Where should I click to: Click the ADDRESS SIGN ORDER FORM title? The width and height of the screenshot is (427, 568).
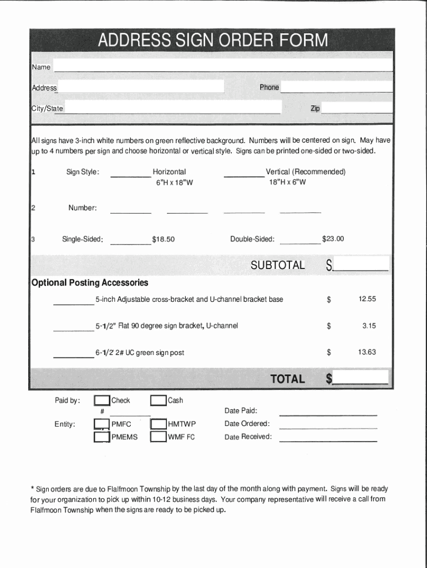tap(213, 40)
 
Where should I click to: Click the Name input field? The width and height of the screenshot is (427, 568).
tap(223, 66)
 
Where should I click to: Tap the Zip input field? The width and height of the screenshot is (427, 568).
tap(357, 108)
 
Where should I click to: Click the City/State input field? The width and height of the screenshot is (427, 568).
tap(172, 108)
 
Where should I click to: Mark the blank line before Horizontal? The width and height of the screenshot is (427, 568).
tap(130, 173)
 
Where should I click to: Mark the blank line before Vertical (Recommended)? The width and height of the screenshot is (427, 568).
tap(243, 173)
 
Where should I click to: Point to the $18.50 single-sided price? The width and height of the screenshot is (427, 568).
tap(163, 239)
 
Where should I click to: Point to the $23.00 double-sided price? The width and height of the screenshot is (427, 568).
tap(333, 239)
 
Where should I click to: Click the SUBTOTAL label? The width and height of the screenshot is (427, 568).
tap(277, 265)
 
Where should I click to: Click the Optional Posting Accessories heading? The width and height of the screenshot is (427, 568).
tap(90, 283)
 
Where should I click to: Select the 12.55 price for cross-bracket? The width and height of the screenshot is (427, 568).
tap(367, 299)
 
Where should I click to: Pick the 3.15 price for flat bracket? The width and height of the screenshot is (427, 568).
tap(369, 326)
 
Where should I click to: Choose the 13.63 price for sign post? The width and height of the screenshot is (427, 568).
tap(367, 352)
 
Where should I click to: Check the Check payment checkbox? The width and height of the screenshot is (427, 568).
tap(101, 401)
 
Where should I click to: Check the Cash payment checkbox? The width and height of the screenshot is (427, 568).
tap(159, 401)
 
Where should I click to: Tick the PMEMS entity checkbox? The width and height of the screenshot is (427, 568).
tap(101, 437)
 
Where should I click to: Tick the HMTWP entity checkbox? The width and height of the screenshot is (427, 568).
tap(159, 424)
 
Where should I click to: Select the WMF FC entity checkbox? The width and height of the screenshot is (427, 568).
tap(159, 437)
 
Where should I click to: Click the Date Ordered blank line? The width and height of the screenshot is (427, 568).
tap(328, 425)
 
